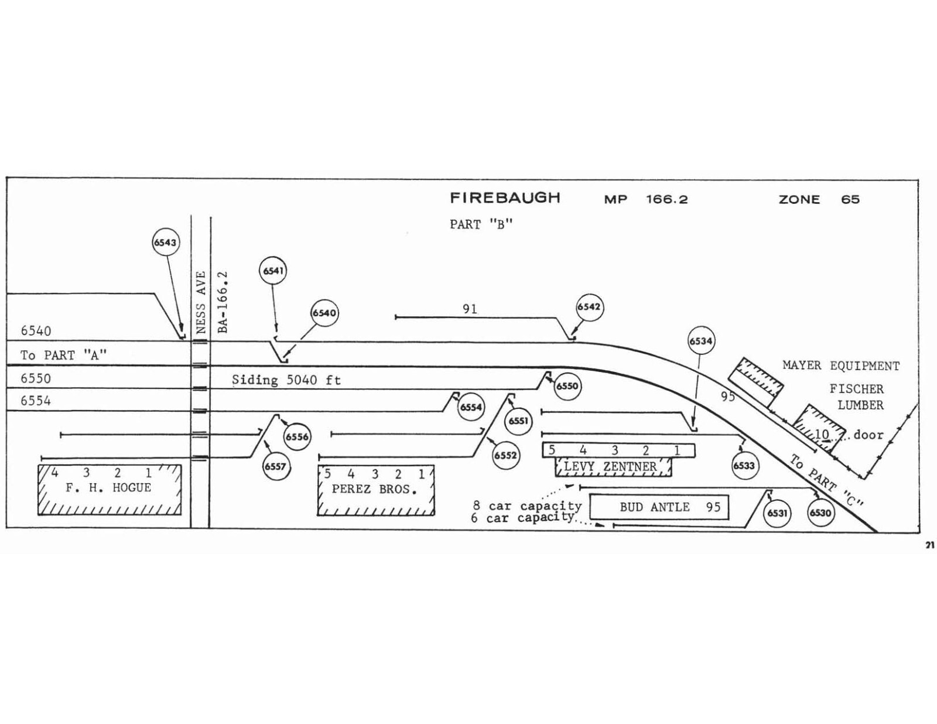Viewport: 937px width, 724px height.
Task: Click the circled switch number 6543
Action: click(166, 243)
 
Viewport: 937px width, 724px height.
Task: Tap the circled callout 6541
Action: click(273, 271)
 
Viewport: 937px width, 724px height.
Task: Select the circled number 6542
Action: click(590, 307)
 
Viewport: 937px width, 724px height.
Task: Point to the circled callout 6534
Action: click(701, 341)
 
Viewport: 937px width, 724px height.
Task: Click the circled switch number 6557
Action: click(276, 467)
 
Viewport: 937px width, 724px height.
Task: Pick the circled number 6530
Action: click(820, 513)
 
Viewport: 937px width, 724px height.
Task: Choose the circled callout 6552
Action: click(505, 455)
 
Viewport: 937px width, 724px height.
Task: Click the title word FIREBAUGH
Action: click(505, 198)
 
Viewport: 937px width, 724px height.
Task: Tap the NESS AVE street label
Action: click(201, 302)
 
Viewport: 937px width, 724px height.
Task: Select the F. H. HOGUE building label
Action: click(108, 488)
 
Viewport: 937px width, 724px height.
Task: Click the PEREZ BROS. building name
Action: click(374, 490)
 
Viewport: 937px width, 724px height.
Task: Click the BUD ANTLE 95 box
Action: click(659, 507)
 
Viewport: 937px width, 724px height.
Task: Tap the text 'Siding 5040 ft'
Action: click(286, 380)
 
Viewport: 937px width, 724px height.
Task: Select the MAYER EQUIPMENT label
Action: click(842, 366)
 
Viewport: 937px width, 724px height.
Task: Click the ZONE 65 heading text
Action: click(819, 200)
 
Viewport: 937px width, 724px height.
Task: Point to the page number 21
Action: click(929, 545)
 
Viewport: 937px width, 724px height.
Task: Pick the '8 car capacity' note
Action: click(527, 506)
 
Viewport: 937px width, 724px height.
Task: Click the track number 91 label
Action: click(470, 309)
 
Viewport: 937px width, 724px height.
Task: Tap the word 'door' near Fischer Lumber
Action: click(868, 435)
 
